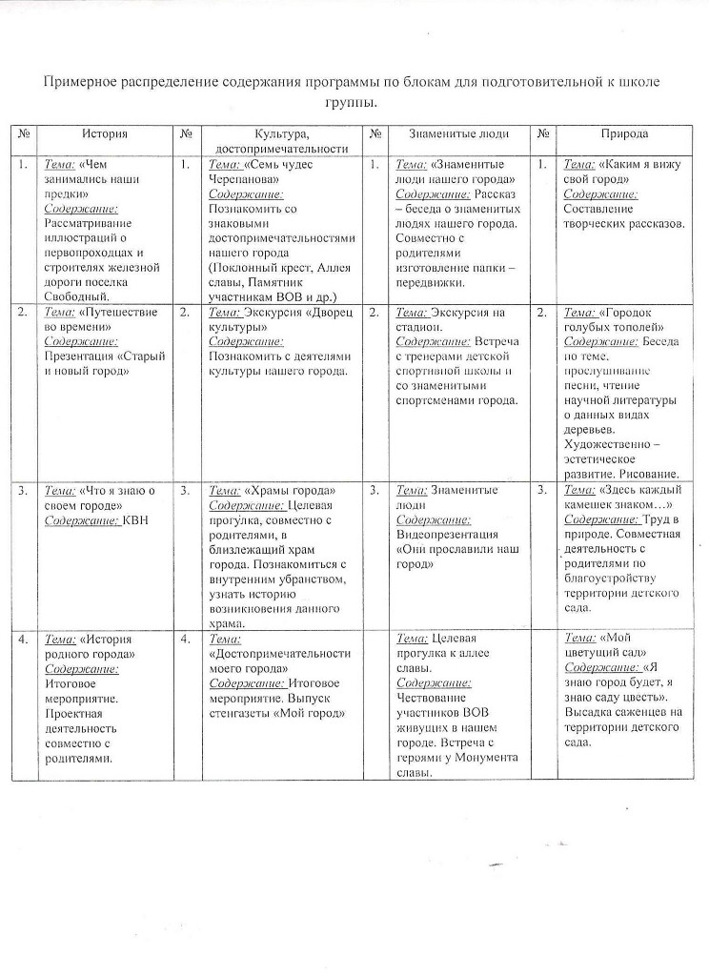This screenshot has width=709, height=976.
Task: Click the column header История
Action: tap(105, 135)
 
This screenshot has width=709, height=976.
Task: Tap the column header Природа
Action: tap(624, 135)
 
